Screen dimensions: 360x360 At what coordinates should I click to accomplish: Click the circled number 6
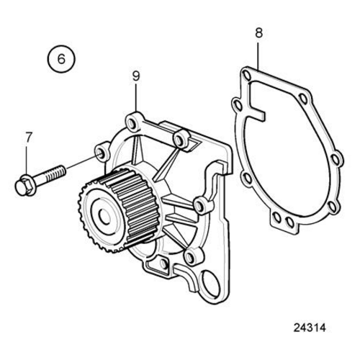pyautogui.click(x=61, y=59)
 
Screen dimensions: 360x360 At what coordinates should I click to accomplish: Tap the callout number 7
pyautogui.click(x=29, y=138)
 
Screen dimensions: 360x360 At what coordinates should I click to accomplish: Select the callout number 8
pyautogui.click(x=258, y=33)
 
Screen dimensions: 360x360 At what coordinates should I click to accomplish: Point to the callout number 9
pyautogui.click(x=136, y=76)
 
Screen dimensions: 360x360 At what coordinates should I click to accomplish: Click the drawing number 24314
pyautogui.click(x=310, y=328)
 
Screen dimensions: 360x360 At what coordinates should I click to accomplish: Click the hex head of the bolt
pyautogui.click(x=22, y=186)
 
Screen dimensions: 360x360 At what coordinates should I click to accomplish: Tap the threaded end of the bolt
pyautogui.click(x=55, y=174)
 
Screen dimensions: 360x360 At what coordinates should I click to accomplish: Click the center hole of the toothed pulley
pyautogui.click(x=104, y=217)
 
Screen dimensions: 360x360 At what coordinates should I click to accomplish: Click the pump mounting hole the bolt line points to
pyautogui.click(x=100, y=153)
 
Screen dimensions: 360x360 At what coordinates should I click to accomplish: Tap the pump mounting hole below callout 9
pyautogui.click(x=131, y=123)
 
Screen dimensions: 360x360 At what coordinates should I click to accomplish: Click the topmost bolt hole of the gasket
pyautogui.click(x=246, y=74)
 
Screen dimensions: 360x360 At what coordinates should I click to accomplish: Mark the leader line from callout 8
pyautogui.click(x=258, y=56)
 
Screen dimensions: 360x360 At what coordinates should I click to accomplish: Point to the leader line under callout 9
pyautogui.click(x=136, y=99)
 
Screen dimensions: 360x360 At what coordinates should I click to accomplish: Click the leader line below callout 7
pyautogui.click(x=26, y=161)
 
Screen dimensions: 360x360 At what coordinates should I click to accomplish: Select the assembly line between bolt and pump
pyautogui.click(x=83, y=161)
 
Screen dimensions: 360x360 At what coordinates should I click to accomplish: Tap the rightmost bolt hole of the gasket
pyautogui.click(x=335, y=159)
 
